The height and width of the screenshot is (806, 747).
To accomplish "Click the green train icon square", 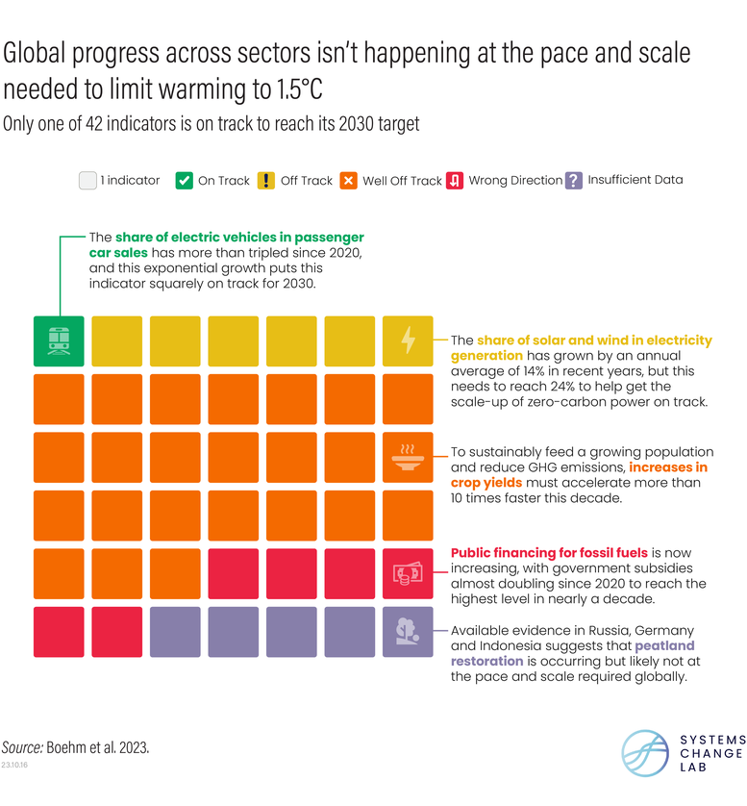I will click(59, 340).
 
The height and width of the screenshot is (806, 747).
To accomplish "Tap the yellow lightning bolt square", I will click(408, 340).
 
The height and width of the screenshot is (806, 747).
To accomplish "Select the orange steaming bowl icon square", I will click(408, 457).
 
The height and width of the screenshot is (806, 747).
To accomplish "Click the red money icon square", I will click(408, 573).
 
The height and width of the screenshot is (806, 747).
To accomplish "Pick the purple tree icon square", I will click(408, 632).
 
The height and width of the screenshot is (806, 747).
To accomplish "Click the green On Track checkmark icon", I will click(185, 180).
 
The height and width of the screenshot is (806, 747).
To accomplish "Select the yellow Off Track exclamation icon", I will click(266, 180).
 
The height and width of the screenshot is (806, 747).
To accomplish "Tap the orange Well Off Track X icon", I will click(349, 180).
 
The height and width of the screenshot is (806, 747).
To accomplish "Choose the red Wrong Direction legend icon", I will click(456, 180).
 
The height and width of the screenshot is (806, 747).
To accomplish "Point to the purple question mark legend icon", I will click(574, 180).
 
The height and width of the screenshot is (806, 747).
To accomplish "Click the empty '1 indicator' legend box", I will click(88, 180).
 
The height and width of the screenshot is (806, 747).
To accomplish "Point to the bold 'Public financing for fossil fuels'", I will click(549, 553).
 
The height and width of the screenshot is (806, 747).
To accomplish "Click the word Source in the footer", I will click(23, 746).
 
